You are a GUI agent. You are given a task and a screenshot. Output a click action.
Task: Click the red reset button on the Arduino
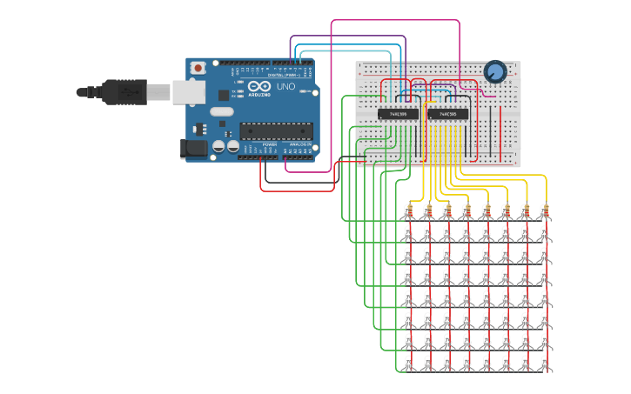click(198, 67)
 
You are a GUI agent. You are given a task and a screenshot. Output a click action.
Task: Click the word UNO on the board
click(285, 87)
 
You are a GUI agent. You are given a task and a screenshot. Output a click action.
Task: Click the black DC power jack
click(193, 149)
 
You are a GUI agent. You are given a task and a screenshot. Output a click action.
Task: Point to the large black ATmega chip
click(276, 131)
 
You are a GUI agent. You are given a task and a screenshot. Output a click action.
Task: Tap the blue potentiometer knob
click(494, 71)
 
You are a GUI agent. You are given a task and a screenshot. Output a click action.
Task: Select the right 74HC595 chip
click(448, 114)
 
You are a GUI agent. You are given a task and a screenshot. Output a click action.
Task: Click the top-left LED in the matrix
click(409, 214)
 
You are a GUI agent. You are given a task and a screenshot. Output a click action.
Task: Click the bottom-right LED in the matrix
click(545, 362)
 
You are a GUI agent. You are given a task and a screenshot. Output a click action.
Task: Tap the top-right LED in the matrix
click(545, 214)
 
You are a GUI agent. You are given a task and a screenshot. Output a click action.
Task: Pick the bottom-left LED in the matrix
click(409, 362)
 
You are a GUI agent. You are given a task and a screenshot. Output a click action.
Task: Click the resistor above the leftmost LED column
click(409, 206)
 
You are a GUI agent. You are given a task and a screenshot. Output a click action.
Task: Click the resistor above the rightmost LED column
click(545, 206)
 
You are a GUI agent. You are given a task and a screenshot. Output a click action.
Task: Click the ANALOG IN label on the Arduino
click(299, 144)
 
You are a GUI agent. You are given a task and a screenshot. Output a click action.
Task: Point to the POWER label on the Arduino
click(270, 144)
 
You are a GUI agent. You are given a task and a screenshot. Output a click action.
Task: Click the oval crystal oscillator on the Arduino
click(222, 110)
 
